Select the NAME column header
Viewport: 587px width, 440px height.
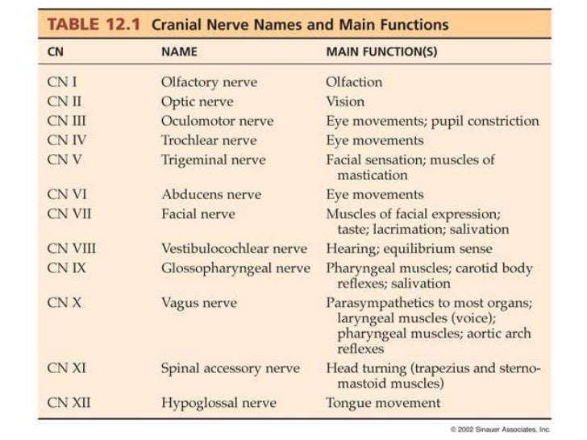point(179,52)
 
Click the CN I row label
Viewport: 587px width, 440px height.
point(62,81)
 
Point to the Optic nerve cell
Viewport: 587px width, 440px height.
point(197,102)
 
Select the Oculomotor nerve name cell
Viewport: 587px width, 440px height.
point(217,121)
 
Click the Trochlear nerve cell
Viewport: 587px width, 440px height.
point(210,140)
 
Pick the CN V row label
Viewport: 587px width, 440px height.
point(65,160)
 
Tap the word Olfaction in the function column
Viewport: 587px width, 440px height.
point(354,81)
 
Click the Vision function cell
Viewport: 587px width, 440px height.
point(345,102)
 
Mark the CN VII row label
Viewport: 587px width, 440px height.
point(69,214)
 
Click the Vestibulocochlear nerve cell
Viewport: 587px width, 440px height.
point(234,248)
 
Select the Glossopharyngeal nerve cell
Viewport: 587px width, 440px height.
point(235,268)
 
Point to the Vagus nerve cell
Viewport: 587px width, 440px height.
point(198,303)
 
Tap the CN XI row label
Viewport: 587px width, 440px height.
point(67,368)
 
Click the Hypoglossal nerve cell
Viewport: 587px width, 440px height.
point(219,402)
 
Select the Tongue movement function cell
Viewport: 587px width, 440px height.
point(383,402)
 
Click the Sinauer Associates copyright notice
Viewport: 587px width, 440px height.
point(500,430)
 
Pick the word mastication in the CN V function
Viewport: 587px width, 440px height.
point(373,175)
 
